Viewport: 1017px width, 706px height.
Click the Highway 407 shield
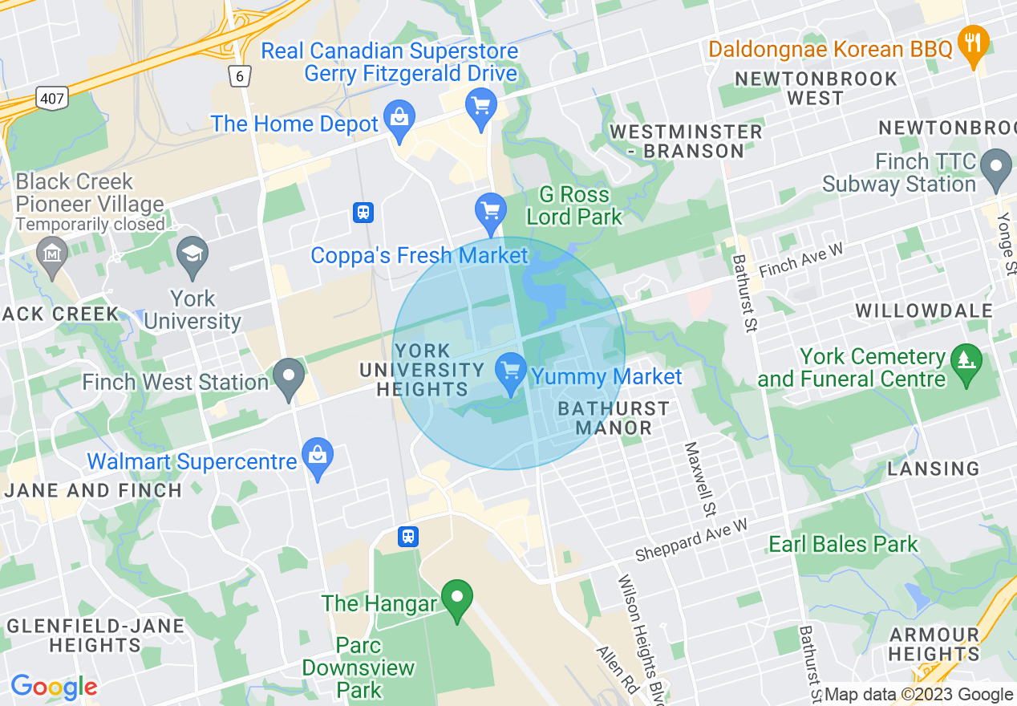[x=52, y=98]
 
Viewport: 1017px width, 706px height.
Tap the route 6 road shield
[x=238, y=76]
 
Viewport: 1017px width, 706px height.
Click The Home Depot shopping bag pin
[x=399, y=119]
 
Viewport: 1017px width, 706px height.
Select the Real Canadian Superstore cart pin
[x=481, y=107]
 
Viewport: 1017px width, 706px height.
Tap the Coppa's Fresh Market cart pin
[x=490, y=211]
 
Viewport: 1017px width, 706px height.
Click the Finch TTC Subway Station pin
[x=998, y=168]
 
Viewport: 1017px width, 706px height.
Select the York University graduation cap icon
[x=192, y=254]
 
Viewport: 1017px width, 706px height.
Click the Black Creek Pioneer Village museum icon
[x=53, y=255]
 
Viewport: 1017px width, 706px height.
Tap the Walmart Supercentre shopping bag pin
[x=318, y=458]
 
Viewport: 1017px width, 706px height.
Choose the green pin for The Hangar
[x=458, y=599]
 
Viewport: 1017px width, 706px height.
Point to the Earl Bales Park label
[x=843, y=544]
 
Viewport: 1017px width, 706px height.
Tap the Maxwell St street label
[x=699, y=478]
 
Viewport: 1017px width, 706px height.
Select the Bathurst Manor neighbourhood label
[x=614, y=418]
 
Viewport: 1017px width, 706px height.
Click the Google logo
[x=54, y=686]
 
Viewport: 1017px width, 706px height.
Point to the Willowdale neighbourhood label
[x=912, y=310]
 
